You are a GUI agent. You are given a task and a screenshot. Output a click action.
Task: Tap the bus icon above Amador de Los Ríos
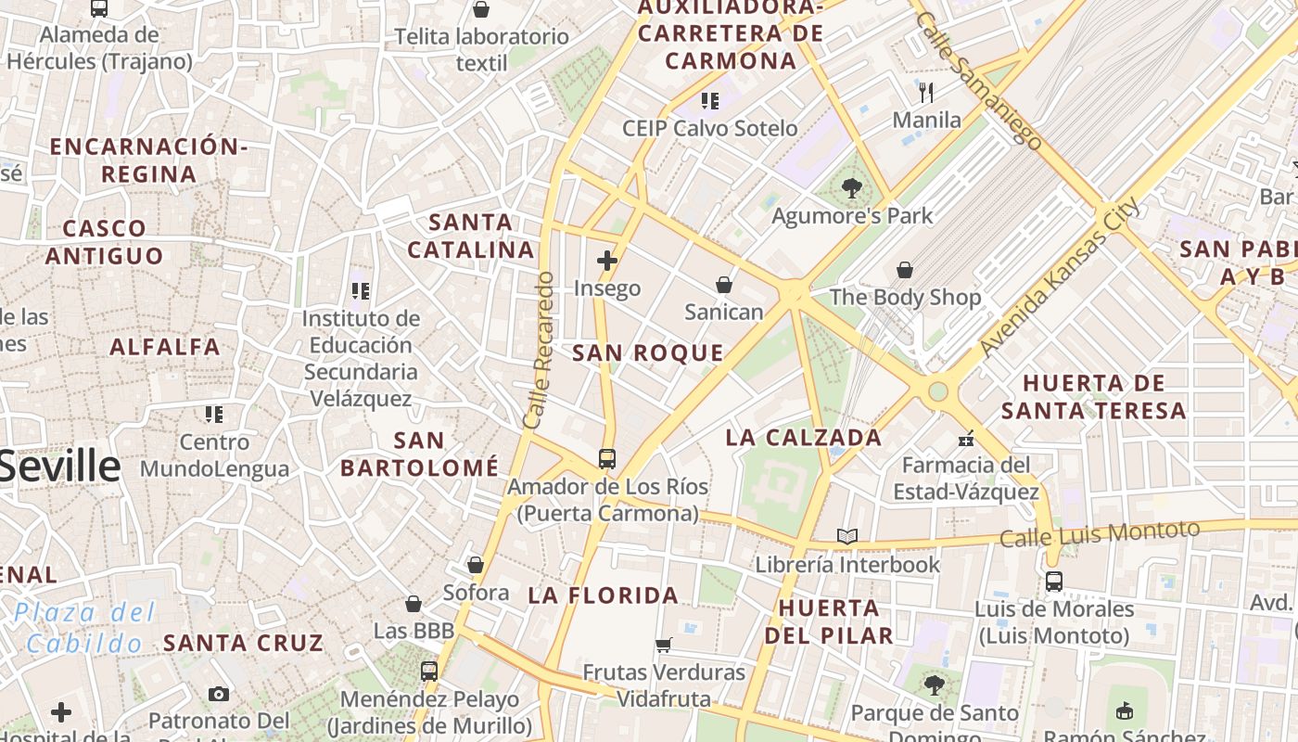[x=607, y=458]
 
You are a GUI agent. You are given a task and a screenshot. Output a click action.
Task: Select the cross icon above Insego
[x=607, y=261]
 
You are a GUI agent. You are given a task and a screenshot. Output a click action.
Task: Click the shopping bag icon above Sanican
[x=724, y=284]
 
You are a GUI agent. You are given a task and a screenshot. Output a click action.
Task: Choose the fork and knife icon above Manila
[x=925, y=92]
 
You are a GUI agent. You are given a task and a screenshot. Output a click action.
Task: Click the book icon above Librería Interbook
[x=847, y=536]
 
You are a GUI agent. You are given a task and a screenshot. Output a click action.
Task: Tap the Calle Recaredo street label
[x=539, y=350]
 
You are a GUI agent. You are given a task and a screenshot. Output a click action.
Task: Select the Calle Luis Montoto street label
[x=1100, y=534]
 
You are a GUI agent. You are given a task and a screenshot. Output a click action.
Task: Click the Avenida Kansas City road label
[x=1060, y=278]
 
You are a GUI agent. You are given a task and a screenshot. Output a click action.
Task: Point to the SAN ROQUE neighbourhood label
[x=647, y=352]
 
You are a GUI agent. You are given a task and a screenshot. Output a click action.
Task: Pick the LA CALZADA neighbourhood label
[x=804, y=438]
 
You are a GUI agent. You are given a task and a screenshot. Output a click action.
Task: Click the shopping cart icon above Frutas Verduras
[x=664, y=645]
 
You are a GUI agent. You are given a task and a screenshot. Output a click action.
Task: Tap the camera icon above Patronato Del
[x=219, y=694]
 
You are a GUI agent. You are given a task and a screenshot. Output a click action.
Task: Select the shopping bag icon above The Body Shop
[x=905, y=270]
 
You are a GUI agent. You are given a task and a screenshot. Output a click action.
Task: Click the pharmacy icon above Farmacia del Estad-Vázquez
[x=966, y=438]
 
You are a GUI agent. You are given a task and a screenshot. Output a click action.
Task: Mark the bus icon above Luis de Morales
[x=1054, y=582]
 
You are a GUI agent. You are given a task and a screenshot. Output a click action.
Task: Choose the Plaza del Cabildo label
[x=84, y=628]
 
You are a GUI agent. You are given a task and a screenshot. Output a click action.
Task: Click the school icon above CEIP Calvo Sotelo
[x=710, y=100]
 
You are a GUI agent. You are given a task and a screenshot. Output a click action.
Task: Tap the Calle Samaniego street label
[x=977, y=79]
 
